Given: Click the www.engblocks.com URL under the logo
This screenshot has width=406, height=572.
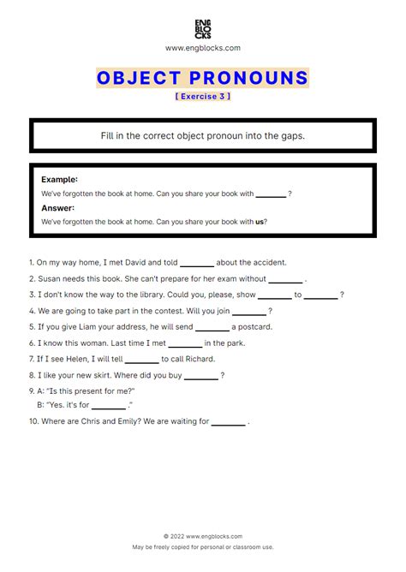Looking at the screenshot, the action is pos(202,49).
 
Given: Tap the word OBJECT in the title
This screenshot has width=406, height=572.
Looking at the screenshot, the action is pos(137,79).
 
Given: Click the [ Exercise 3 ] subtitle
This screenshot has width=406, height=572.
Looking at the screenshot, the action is pos(202,97).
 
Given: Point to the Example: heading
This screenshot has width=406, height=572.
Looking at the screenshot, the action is pos(59,179).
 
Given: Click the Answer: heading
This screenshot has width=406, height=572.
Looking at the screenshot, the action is pos(57,207).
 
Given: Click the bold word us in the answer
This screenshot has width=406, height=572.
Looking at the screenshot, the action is pos(260,222).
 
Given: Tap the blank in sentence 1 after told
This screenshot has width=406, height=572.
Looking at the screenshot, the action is pos(196,263).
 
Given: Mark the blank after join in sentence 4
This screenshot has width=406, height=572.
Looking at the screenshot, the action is pos(249,311).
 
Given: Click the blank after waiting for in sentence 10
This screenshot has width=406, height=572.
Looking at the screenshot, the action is pos(228,421).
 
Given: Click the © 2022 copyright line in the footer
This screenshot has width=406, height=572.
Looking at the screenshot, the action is pos(202,536).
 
